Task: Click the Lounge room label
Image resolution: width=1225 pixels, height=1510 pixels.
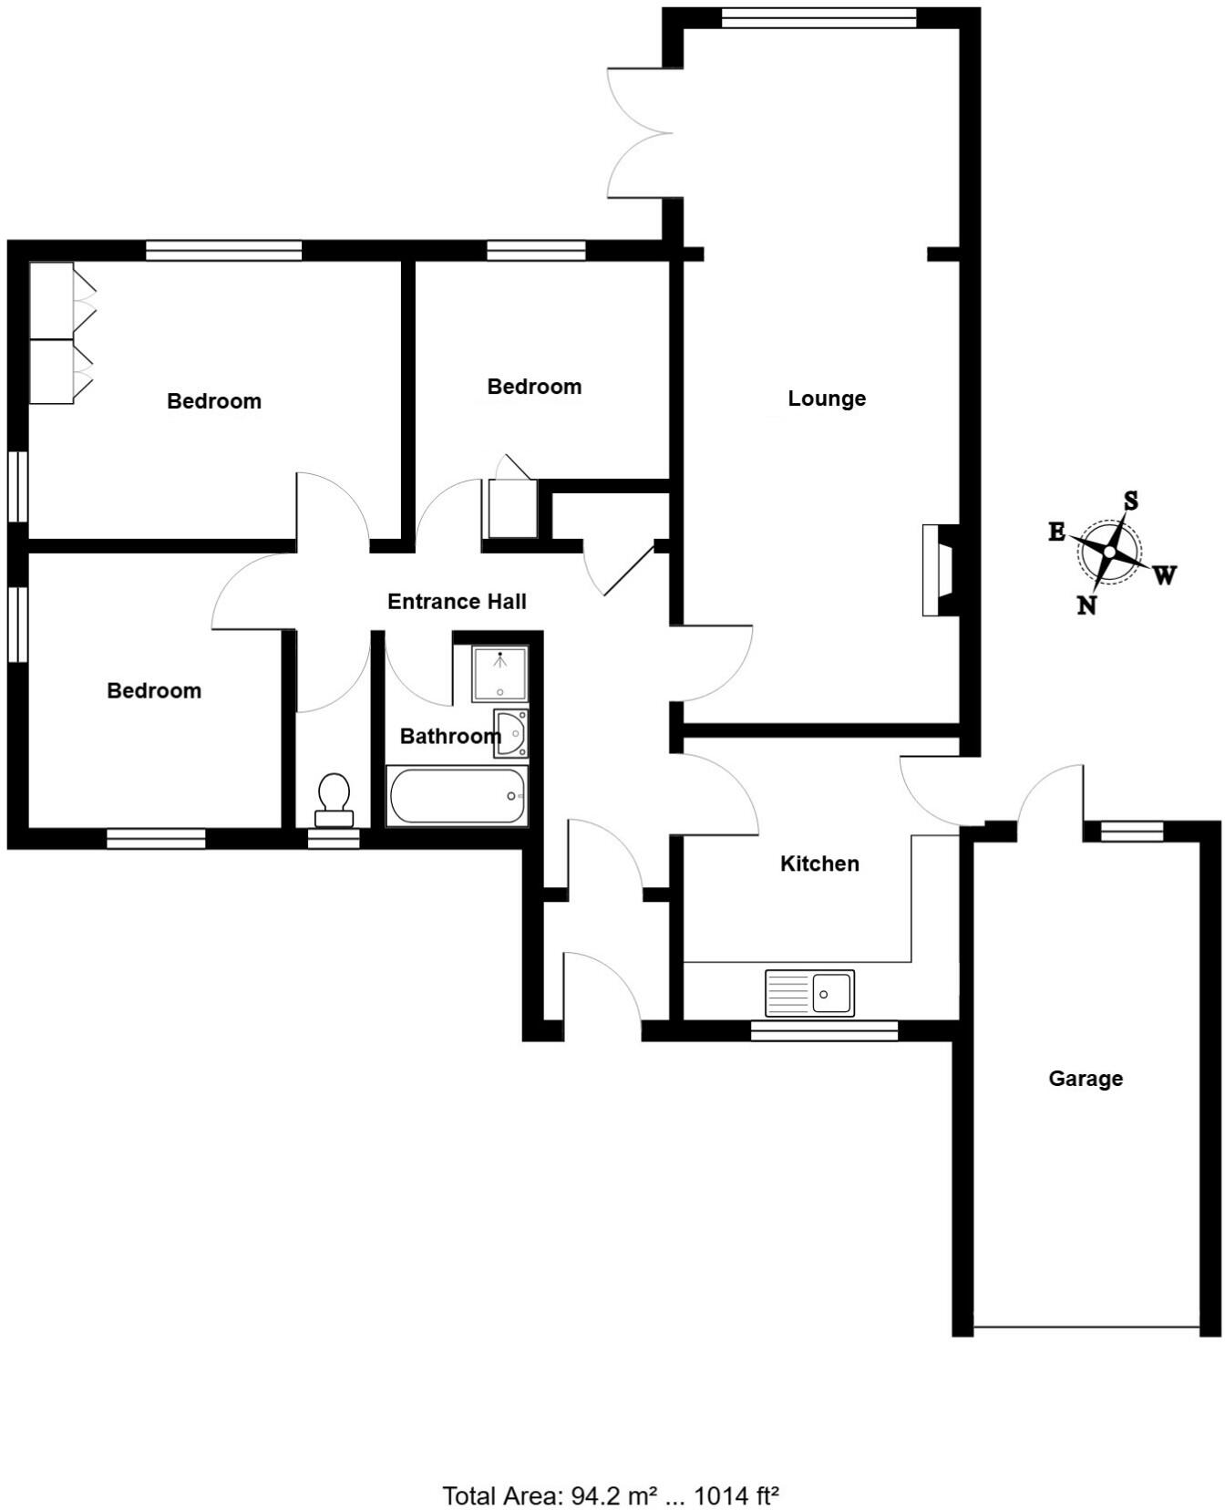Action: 827,398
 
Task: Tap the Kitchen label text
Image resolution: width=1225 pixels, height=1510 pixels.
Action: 819,864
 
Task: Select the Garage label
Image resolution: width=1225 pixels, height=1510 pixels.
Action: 1085,1079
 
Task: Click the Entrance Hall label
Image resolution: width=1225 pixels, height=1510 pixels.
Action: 457,602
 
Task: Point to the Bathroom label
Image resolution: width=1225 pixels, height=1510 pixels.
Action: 449,736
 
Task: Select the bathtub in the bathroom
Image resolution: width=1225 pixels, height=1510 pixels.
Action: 457,796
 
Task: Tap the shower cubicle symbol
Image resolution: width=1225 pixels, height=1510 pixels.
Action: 499,673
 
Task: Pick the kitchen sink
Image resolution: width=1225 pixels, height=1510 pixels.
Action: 810,993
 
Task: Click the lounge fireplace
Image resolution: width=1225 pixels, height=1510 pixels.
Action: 940,570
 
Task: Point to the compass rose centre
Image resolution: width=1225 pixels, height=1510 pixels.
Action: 1109,553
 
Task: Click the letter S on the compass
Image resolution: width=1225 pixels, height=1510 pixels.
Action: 1131,501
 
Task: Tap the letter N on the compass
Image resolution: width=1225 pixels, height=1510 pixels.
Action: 1086,605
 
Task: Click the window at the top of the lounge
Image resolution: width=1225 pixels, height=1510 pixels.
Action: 818,18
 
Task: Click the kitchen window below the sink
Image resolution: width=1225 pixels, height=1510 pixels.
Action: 824,1031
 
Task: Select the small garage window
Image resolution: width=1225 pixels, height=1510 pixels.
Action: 1132,831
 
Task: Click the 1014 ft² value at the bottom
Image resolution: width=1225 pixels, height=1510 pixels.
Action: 736,1470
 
